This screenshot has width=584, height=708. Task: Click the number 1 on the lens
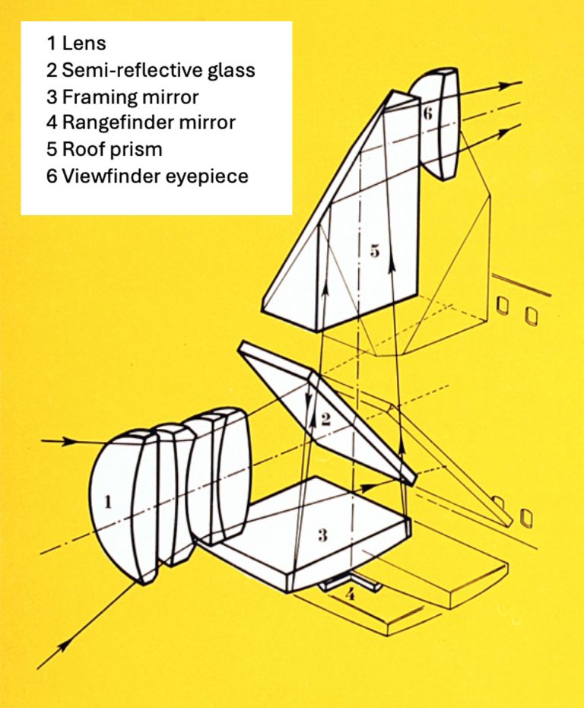pyautogui.click(x=108, y=502)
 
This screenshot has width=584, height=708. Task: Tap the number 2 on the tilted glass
pyautogui.click(x=325, y=418)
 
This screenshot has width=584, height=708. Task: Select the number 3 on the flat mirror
pyautogui.click(x=322, y=535)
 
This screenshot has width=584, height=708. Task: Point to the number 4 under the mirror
pyautogui.click(x=350, y=595)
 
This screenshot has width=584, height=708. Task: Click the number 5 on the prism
pyautogui.click(x=374, y=251)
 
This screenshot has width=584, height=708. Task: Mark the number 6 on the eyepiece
pyautogui.click(x=427, y=113)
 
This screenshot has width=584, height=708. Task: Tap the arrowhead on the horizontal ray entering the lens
pyautogui.click(x=73, y=441)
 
